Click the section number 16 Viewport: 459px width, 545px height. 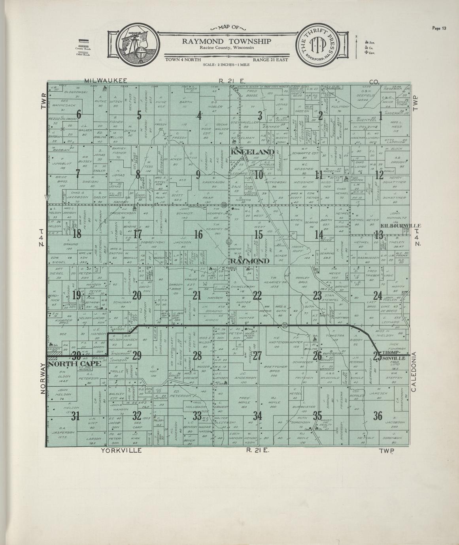pos(198,235)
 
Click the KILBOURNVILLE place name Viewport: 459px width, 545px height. pos(400,226)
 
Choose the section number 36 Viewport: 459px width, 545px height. pos(378,415)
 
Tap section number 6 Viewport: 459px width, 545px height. pos(79,115)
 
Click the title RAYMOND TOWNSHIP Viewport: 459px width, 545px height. pos(226,41)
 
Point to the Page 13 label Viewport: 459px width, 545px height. pos(439,28)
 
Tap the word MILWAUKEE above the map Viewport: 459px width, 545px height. pos(104,81)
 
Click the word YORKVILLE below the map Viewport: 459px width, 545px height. pos(121,450)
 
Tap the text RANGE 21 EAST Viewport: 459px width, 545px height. pos(271,60)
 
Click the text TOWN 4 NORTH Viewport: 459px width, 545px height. pos(183,60)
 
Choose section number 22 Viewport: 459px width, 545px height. pos(257,295)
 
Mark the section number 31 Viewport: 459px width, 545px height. pos(76,415)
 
